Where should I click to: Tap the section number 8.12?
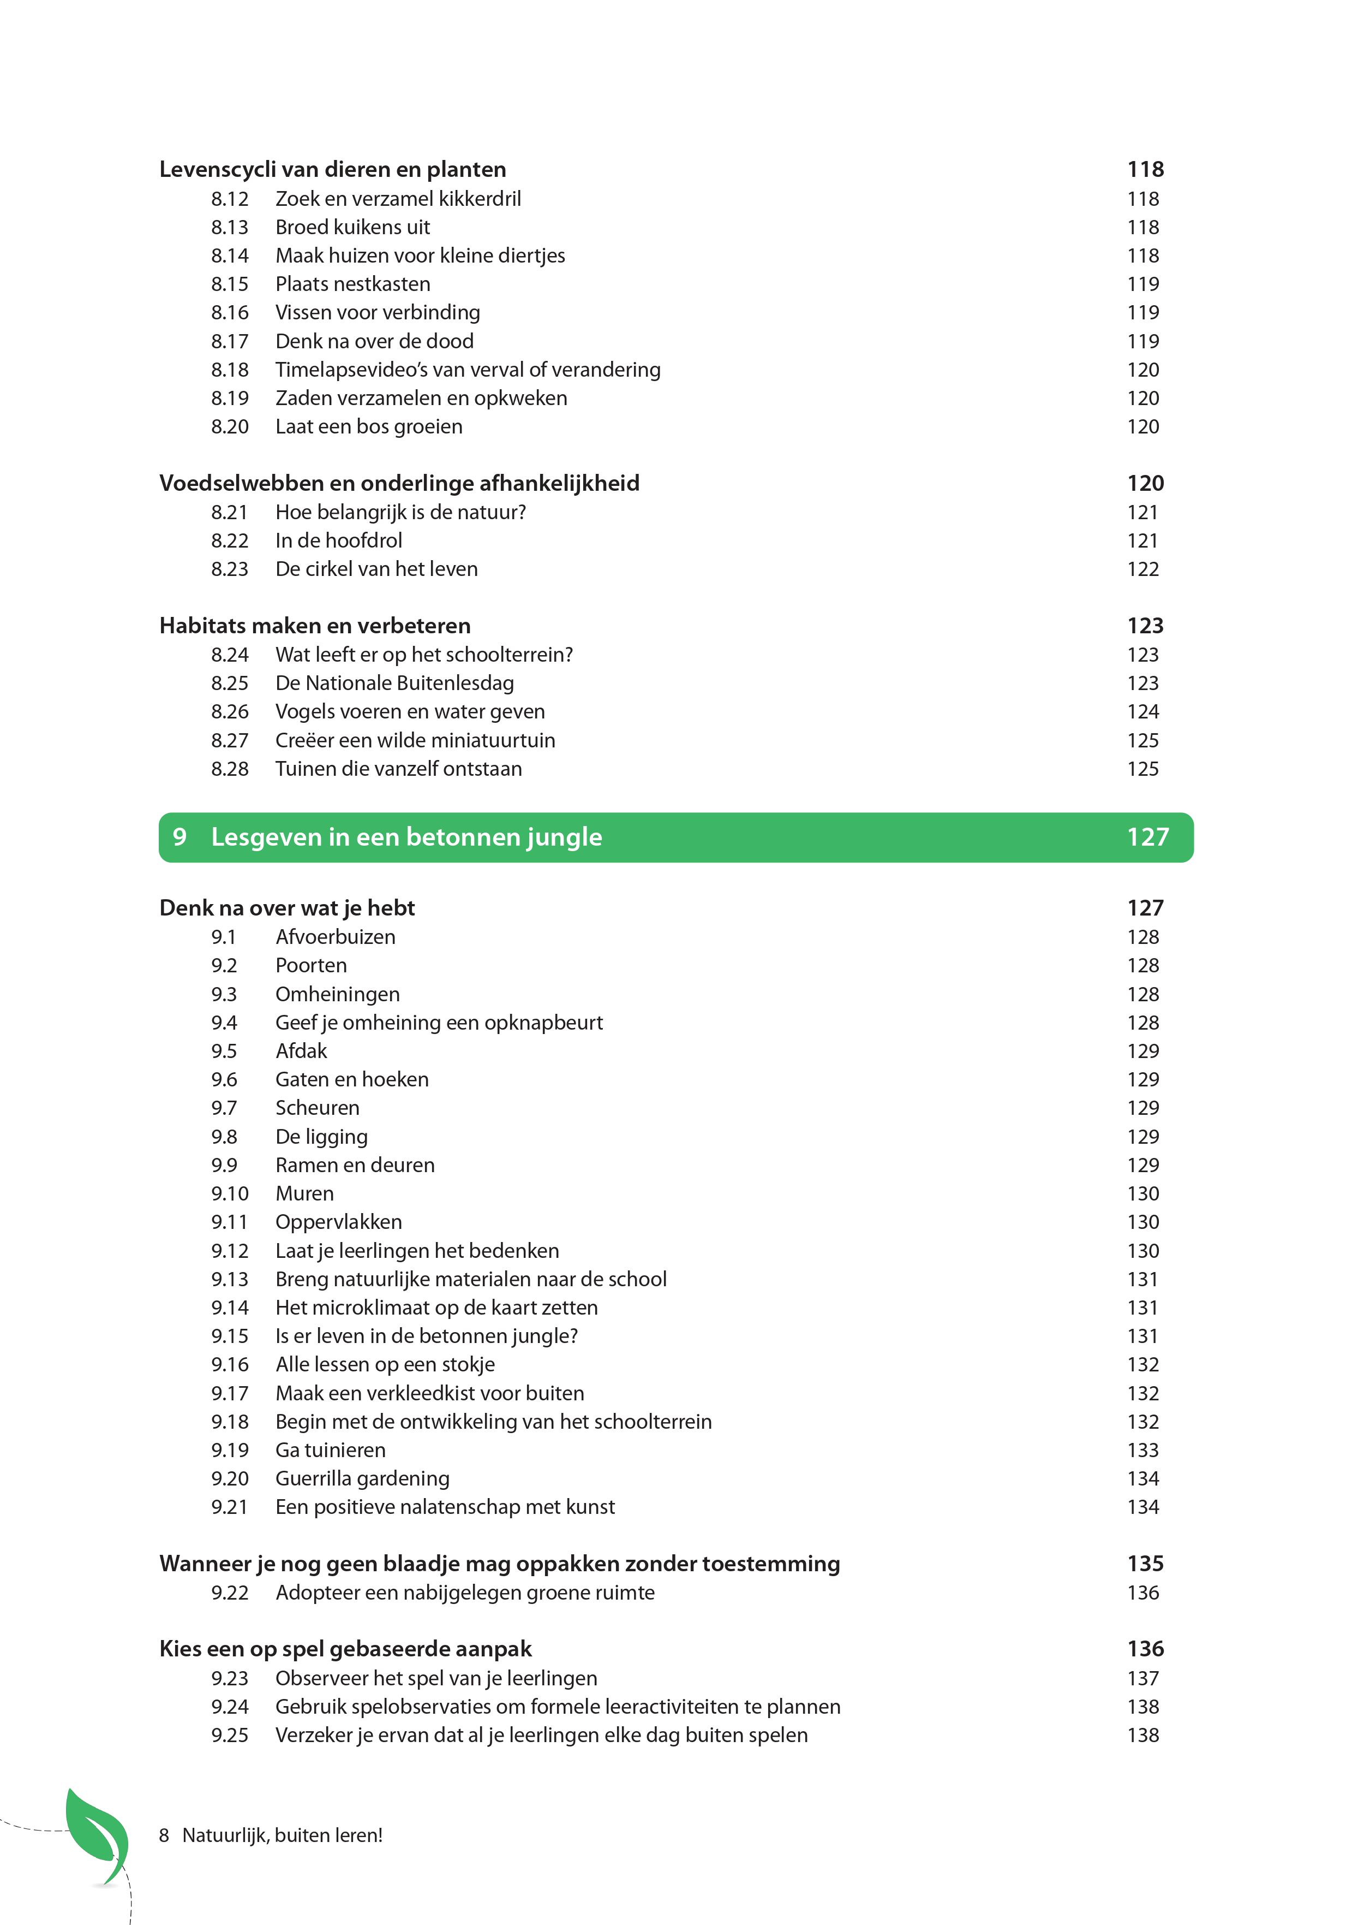pyautogui.click(x=229, y=199)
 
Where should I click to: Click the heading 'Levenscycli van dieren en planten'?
pyautogui.click(x=333, y=170)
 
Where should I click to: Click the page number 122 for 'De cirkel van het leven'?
pyautogui.click(x=1142, y=569)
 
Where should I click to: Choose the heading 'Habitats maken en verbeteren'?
pyautogui.click(x=315, y=626)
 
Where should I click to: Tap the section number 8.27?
pyautogui.click(x=229, y=741)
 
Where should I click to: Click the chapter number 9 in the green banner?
pyautogui.click(x=179, y=837)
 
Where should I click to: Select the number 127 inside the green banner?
pyautogui.click(x=1147, y=837)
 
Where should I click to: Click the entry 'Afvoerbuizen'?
pyautogui.click(x=335, y=937)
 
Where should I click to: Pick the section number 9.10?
pyautogui.click(x=229, y=1194)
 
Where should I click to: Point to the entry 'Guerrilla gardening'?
pyautogui.click(x=362, y=1479)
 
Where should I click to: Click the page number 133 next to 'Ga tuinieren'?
pyautogui.click(x=1142, y=1450)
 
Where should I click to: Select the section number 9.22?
pyautogui.click(x=229, y=1593)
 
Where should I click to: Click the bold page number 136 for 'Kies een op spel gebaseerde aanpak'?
pyautogui.click(x=1145, y=1649)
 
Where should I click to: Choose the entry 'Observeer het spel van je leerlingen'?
pyautogui.click(x=436, y=1679)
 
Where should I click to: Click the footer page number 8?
pyautogui.click(x=164, y=1836)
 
